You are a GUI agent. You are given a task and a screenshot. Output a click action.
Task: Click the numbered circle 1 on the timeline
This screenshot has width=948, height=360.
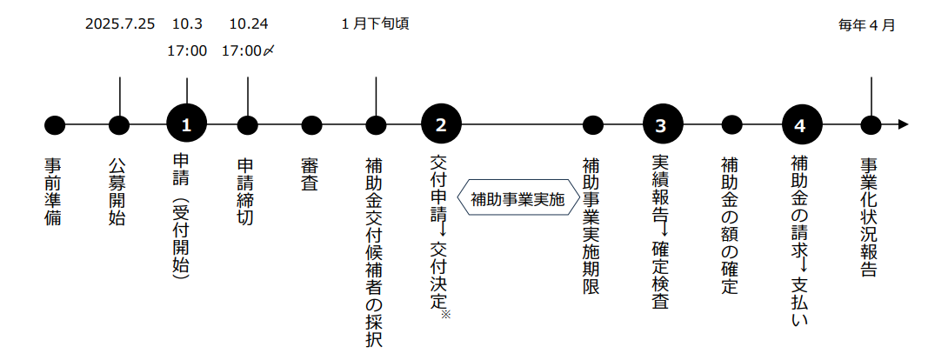point(187,125)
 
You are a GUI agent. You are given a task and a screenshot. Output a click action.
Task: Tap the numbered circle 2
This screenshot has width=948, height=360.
point(441,125)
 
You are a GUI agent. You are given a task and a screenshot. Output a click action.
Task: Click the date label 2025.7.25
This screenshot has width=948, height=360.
point(120,24)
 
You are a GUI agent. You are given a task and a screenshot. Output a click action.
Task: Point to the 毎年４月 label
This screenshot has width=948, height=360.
point(866,24)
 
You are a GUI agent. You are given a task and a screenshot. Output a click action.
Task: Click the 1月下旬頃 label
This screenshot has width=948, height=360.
point(376,24)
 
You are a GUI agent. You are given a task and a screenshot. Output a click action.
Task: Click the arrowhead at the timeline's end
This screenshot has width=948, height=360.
point(904,125)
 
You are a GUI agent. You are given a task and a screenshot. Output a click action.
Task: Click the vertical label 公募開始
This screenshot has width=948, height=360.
point(117,192)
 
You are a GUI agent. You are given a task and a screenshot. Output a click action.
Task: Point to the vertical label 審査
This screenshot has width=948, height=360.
point(310,175)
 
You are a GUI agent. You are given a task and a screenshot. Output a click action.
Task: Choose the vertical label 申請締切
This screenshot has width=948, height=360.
point(245,192)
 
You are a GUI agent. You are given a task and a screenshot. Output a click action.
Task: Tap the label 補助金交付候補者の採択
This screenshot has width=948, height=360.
point(374,252)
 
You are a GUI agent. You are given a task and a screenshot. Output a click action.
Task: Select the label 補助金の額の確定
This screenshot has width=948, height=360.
point(730,226)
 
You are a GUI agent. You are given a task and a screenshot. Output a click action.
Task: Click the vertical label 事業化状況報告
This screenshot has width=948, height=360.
point(869,217)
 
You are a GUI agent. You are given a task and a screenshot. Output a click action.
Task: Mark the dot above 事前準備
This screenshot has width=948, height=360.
point(55,125)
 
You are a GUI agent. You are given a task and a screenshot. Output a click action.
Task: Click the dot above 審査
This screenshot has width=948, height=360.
point(311,125)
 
